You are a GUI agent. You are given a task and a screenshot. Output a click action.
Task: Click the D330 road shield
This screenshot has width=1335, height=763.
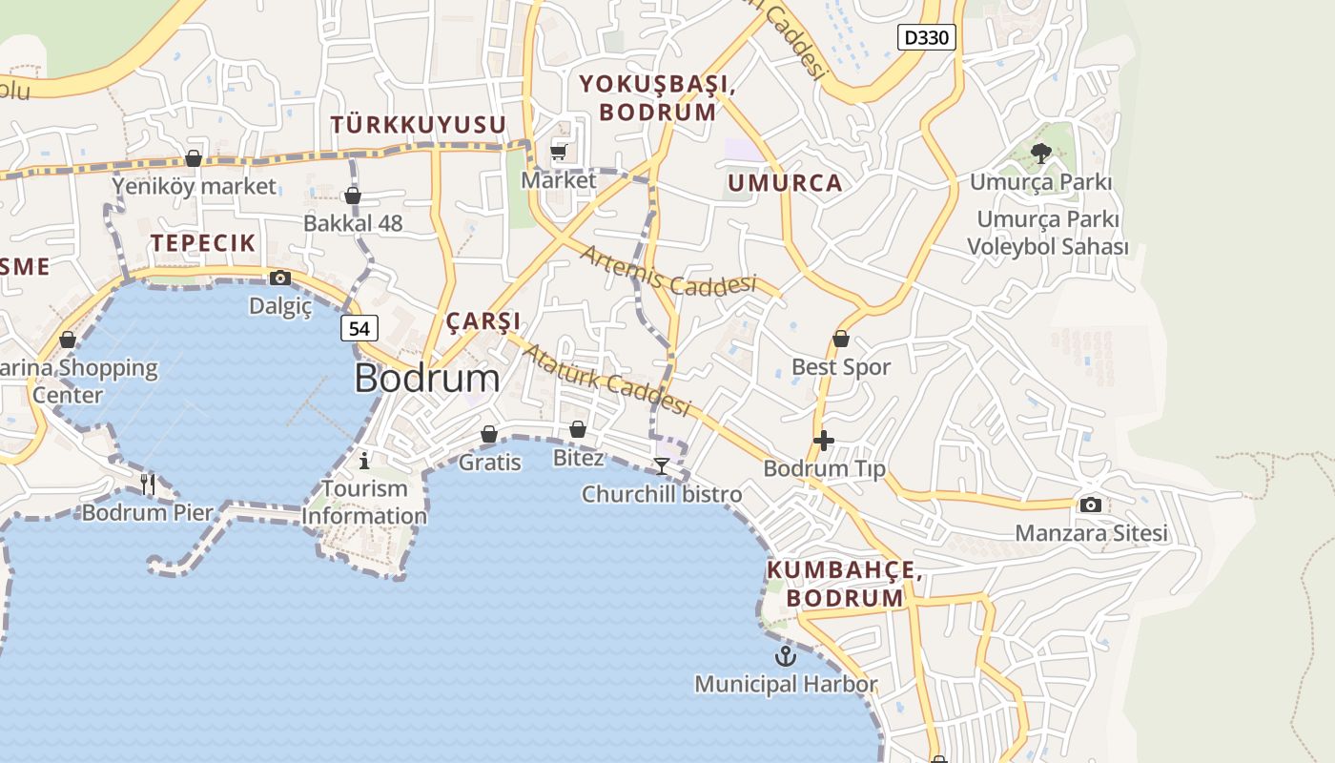coord(926,37)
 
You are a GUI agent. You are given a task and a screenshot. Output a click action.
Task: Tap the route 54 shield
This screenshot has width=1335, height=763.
coord(359,328)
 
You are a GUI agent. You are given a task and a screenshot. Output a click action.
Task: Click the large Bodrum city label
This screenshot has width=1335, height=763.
coord(426,379)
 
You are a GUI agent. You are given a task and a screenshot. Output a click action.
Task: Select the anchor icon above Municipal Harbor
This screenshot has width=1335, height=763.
coord(785,656)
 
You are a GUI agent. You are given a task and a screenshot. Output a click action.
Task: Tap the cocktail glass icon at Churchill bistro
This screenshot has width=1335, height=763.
coord(662,466)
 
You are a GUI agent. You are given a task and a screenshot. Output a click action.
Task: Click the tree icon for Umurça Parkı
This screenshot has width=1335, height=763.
coord(1040,154)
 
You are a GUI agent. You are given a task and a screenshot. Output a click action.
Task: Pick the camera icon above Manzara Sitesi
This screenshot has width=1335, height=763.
coord(1091,505)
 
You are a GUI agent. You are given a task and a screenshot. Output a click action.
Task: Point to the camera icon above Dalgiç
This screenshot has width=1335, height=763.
coord(280,278)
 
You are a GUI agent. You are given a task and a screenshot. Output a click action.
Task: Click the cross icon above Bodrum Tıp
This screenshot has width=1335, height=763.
coord(824,441)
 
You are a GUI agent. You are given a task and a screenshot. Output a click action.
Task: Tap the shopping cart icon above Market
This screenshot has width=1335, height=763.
coord(559,152)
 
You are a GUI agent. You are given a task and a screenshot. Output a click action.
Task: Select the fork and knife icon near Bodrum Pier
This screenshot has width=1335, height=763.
coord(148,485)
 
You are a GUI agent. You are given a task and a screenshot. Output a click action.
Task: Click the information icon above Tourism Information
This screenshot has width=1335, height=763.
coord(364,462)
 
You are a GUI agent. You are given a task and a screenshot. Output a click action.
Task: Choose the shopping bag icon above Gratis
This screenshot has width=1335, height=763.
coord(489,434)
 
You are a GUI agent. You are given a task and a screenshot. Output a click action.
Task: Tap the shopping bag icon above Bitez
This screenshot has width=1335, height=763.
coord(578,430)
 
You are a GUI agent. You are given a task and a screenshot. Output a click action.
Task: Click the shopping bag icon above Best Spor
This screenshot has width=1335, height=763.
coord(841,339)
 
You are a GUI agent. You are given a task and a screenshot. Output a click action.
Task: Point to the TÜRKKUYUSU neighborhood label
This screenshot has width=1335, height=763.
coord(418,124)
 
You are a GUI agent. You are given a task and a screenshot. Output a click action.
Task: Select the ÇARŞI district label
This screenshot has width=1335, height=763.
coord(483,320)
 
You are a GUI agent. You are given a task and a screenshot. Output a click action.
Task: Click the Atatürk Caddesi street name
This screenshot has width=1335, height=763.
coord(606,380)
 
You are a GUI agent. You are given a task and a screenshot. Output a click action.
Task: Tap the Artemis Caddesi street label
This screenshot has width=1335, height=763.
coord(667,271)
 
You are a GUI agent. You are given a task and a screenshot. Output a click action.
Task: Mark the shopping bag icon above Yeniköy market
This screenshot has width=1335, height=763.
coord(194,158)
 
